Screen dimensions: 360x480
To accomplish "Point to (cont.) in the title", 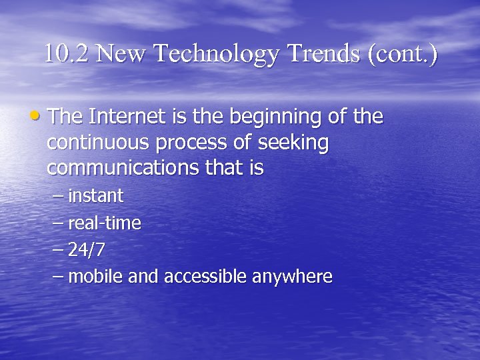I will [402, 54].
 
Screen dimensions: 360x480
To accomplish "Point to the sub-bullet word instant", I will [96, 196].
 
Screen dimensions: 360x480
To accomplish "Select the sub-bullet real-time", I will [105, 223].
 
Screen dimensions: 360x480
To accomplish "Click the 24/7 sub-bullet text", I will [87, 250].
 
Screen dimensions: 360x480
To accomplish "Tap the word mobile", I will [91, 276].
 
